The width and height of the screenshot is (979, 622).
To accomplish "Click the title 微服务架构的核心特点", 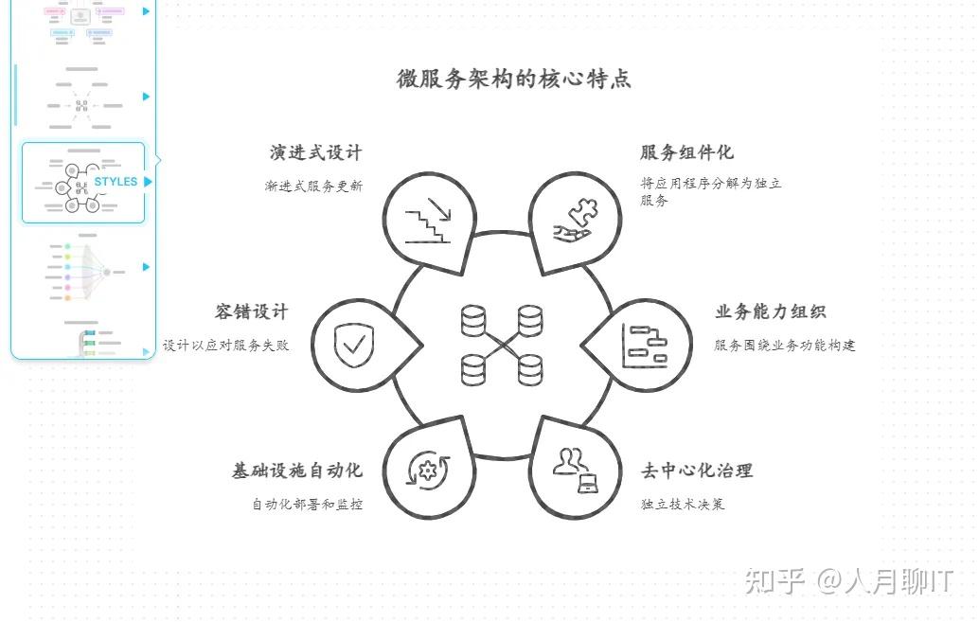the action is (513, 79).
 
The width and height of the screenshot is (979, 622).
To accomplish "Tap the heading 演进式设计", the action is (315, 153).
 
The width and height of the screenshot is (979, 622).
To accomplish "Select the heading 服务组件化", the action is (686, 153).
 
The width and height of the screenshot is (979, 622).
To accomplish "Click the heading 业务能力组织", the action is (770, 312).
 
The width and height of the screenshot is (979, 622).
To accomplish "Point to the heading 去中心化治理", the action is (697, 471).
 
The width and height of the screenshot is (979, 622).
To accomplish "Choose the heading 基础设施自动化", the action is (297, 471).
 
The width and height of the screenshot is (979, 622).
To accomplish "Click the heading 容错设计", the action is (251, 312).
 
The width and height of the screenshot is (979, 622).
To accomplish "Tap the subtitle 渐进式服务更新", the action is (313, 187).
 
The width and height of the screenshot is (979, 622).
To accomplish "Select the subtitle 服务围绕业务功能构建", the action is (784, 346).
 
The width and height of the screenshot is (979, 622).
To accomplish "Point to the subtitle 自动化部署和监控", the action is (307, 504).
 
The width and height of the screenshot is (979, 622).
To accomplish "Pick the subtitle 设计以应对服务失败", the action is (225, 346).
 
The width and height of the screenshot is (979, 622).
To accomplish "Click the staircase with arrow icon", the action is (428, 221).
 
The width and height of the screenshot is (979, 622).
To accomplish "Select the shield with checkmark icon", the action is (354, 346).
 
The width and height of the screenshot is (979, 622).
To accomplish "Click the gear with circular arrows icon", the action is (427, 471).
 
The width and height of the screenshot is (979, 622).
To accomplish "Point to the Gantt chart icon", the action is (645, 346).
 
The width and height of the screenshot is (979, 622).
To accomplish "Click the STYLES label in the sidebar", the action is (116, 182).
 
